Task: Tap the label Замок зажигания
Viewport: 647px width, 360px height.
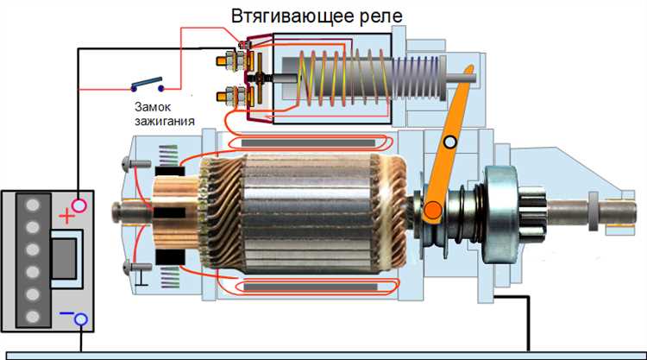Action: point(164,113)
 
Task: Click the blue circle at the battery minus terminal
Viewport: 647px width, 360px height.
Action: point(80,320)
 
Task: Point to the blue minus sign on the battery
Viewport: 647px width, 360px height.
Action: point(63,313)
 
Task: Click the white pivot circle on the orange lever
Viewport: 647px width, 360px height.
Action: point(449,142)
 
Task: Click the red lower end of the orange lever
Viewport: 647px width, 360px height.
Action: point(429,208)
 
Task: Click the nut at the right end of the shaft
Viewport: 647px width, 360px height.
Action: point(594,209)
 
